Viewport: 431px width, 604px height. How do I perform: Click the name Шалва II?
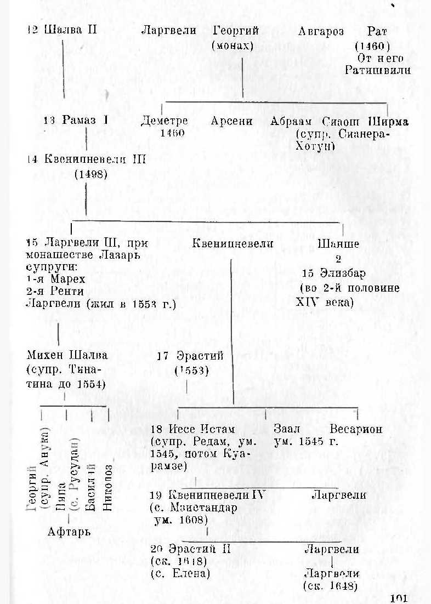70,30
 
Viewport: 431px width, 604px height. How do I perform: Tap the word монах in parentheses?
232,45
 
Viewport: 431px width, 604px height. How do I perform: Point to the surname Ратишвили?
378,70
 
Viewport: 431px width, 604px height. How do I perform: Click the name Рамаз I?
81,121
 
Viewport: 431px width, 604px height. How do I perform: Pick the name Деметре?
165,121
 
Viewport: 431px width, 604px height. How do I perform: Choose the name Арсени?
231,121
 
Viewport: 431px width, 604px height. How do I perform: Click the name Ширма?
388,121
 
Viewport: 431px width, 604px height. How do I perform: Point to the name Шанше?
338,244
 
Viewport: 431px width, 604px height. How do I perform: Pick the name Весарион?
356,429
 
